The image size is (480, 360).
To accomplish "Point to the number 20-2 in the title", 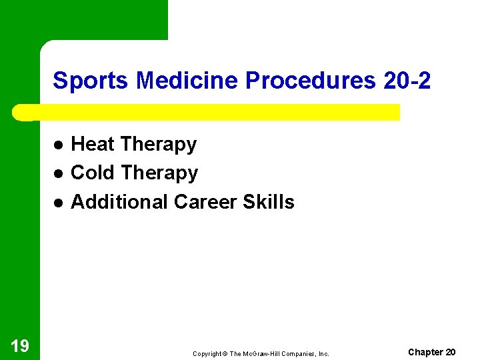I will (x=407, y=81).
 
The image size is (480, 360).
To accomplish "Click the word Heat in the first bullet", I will (x=93, y=144).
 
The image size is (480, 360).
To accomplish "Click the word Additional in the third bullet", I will (x=119, y=201).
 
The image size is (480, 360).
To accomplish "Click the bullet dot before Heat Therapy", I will (x=58, y=145).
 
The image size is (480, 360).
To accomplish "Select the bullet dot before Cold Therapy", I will (x=58, y=174).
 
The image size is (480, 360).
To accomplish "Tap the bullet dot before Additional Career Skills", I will (x=58, y=203).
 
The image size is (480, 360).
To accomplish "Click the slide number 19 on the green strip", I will (x=20, y=345).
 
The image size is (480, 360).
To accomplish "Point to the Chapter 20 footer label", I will (x=432, y=351).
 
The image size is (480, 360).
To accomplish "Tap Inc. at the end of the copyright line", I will (x=323, y=354).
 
